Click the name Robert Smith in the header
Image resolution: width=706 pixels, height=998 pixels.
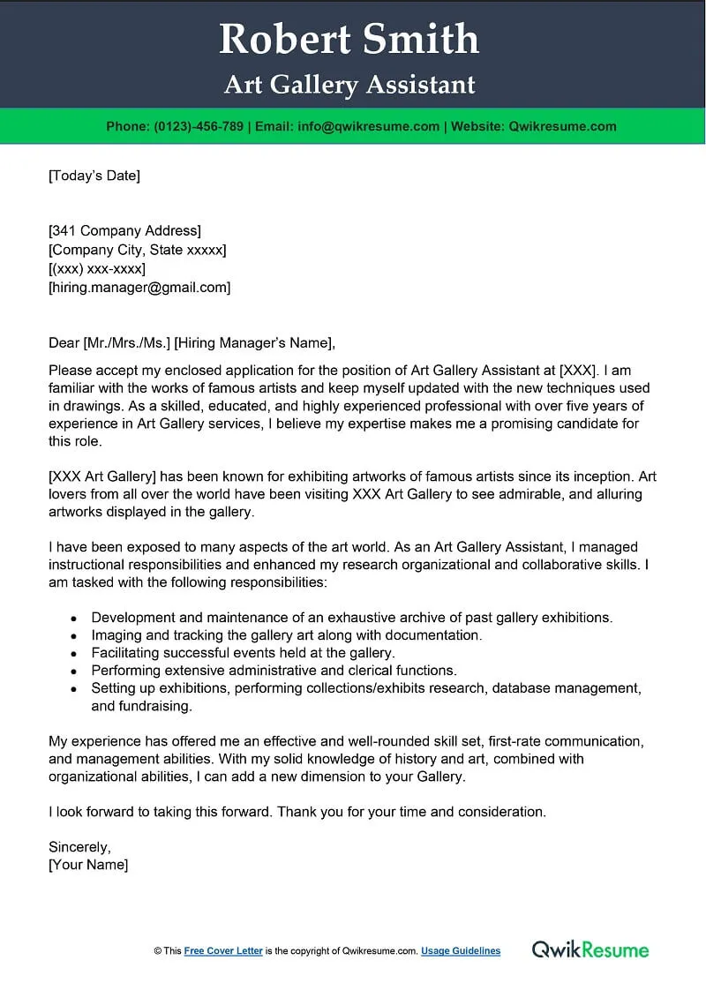[x=349, y=40]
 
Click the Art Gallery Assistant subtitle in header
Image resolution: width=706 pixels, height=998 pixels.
[x=349, y=85]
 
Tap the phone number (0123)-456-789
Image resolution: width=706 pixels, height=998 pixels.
[x=199, y=126]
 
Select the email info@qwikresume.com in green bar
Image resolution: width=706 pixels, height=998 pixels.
[x=369, y=126]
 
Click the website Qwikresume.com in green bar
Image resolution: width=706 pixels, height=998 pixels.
[x=562, y=126]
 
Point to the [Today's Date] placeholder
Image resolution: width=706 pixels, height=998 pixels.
[x=94, y=176]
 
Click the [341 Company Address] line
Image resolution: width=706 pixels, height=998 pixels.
[x=124, y=231]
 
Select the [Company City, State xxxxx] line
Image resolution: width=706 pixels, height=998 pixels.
[x=137, y=250]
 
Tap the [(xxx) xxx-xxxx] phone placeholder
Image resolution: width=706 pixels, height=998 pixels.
[x=97, y=268]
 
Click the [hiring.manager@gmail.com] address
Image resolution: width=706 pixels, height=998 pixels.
[x=139, y=287]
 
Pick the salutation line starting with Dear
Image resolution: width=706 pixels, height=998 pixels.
[x=192, y=343]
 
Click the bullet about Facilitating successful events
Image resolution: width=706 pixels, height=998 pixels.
[x=243, y=653]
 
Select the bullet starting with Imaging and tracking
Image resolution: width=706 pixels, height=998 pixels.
[x=287, y=635]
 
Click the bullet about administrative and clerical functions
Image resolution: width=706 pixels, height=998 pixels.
[x=274, y=671]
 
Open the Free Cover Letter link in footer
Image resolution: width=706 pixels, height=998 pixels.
[x=223, y=951]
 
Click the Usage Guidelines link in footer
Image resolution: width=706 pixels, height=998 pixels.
[x=461, y=951]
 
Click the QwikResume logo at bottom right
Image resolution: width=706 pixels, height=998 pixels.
[x=590, y=950]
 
